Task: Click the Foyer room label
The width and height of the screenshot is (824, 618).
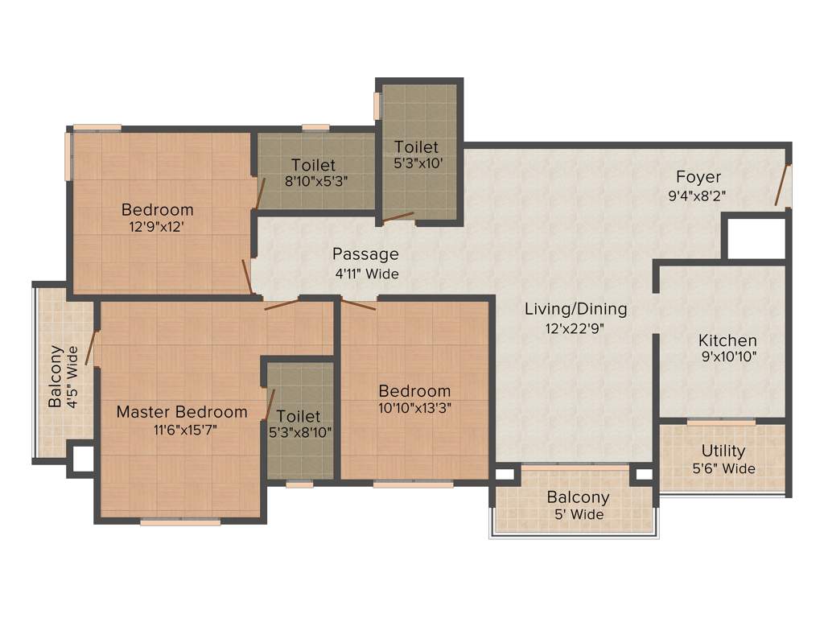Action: click(x=698, y=177)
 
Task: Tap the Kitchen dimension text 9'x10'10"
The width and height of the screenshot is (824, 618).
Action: click(x=727, y=356)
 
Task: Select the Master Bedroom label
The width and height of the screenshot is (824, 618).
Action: click(x=182, y=412)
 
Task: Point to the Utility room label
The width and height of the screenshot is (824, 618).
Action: click(x=723, y=451)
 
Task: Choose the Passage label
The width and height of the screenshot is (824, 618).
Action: click(x=365, y=254)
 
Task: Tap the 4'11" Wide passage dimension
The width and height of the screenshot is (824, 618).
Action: click(x=366, y=274)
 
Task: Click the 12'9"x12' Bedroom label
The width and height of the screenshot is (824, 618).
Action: click(x=158, y=210)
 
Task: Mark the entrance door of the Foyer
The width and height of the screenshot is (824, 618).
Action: click(x=783, y=185)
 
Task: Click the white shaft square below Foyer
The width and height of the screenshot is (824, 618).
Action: click(x=756, y=239)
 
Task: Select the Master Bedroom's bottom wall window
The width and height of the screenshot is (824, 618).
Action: click(x=180, y=522)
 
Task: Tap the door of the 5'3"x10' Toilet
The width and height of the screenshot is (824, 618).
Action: click(x=398, y=216)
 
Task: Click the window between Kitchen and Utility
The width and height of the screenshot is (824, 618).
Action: click(x=721, y=422)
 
